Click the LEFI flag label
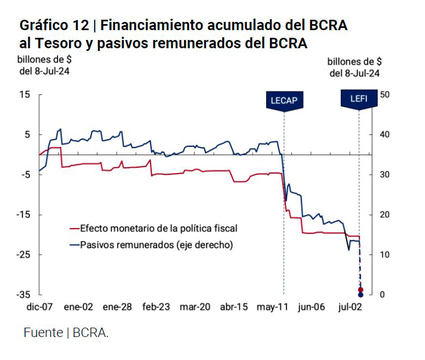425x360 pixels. pyautogui.click(x=359, y=99)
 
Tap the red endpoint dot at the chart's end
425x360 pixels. pyautogui.click(x=360, y=289)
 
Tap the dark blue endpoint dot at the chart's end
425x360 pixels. pyautogui.click(x=360, y=295)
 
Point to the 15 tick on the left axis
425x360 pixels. pyautogui.click(x=25, y=95)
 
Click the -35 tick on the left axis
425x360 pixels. pyautogui.click(x=23, y=295)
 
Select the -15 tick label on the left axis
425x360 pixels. pyautogui.click(x=23, y=215)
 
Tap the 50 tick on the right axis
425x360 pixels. pyautogui.click(x=384, y=95)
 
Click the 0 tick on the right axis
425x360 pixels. pyautogui.click(x=382, y=295)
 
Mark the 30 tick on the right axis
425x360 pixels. pyautogui.click(x=384, y=175)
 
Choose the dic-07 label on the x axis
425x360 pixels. pyautogui.click(x=39, y=307)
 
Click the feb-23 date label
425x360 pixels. pyautogui.click(x=156, y=307)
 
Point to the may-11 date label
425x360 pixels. pyautogui.click(x=272, y=307)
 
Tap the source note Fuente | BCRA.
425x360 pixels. pyautogui.click(x=66, y=333)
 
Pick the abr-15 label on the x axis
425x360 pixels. pyautogui.click(x=234, y=307)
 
